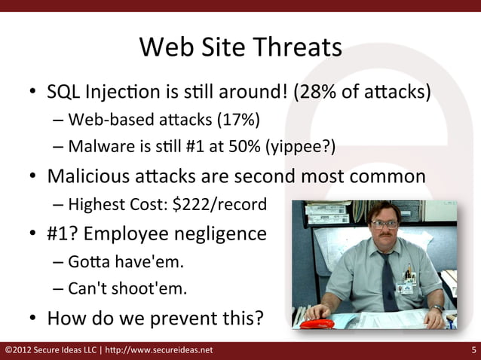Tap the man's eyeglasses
[x=384, y=224]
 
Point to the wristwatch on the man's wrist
[x=437, y=309]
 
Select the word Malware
[x=94, y=146]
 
